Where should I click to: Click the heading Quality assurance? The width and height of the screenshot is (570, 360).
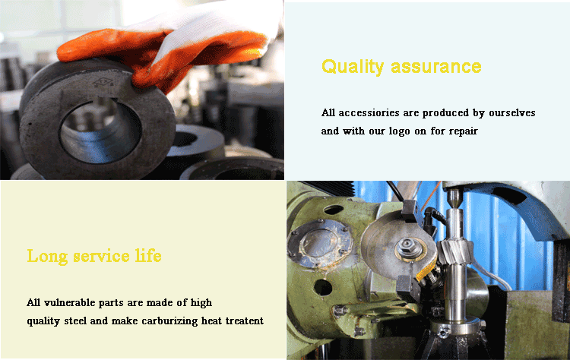coord(401,67)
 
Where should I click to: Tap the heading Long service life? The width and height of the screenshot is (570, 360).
coord(94,256)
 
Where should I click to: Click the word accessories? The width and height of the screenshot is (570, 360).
coord(369,113)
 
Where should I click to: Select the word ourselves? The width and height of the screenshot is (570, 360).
coord(511,113)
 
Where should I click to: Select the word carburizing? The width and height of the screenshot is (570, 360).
coord(169,321)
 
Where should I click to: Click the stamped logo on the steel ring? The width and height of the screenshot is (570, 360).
coord(104,83)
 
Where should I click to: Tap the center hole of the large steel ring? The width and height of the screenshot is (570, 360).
coord(100,132)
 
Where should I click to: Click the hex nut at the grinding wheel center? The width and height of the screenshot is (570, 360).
coord(410,248)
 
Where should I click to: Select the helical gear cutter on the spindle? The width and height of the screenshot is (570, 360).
coord(455,251)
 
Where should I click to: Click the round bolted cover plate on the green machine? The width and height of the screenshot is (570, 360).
coord(319,243)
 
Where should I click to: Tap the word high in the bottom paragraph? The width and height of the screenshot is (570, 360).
coord(201,302)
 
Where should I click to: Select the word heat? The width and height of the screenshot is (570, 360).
coord(211,321)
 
